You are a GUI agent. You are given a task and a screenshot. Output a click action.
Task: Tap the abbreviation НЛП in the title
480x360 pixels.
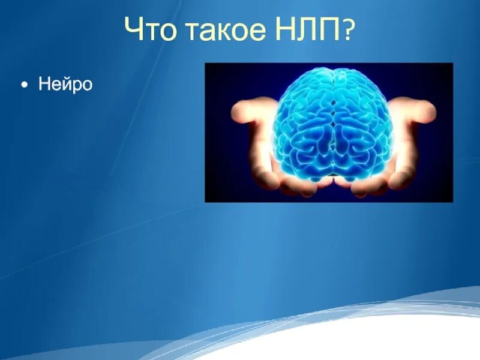[307, 30]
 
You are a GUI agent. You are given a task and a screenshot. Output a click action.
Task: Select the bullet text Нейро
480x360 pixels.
[65, 85]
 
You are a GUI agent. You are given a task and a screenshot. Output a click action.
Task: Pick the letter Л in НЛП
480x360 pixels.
[307, 30]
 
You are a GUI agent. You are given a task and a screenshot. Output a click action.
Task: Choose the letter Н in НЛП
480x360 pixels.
[286, 30]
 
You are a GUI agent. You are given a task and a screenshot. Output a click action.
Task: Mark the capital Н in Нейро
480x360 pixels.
[44, 85]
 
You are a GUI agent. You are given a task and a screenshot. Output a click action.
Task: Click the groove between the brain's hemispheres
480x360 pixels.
[334, 120]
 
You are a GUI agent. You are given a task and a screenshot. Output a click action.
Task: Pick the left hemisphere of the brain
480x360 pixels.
[303, 126]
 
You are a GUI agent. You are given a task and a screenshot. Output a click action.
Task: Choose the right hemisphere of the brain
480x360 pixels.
[363, 126]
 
